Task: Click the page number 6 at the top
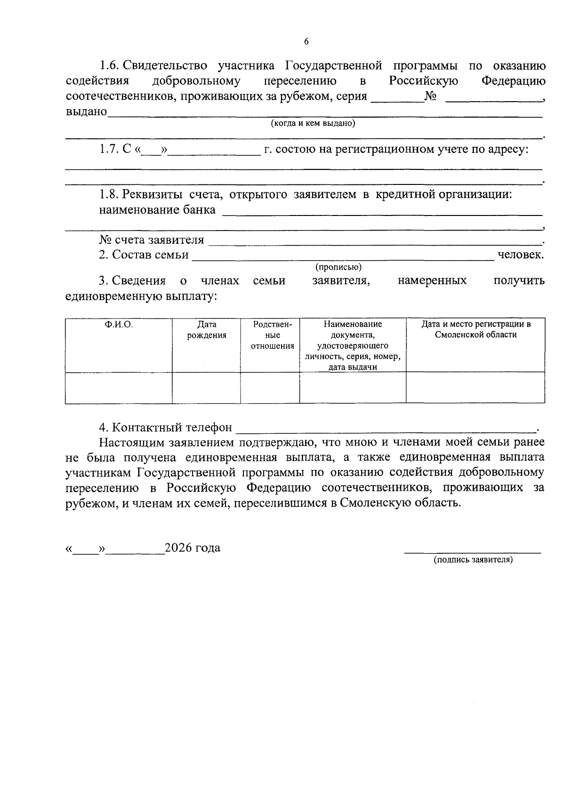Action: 306,42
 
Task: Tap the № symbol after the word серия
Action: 430,96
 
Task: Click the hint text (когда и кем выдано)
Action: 313,123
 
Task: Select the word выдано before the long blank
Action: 86,112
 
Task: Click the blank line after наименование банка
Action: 381,215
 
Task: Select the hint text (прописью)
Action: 339,267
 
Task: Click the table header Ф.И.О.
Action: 119,324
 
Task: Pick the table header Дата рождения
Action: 206,330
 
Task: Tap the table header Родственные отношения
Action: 272,335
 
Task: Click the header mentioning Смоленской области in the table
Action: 476,329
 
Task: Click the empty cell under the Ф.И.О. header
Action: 119,388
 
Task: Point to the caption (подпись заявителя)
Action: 473,559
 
